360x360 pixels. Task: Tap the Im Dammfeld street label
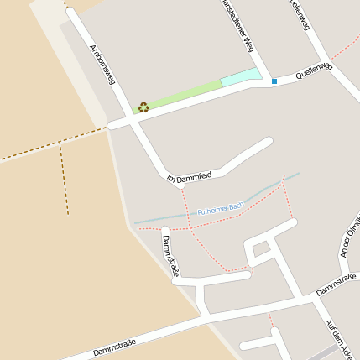pyautogui.click(x=189, y=177)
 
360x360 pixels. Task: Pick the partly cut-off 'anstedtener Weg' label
pyautogui.click(x=236, y=25)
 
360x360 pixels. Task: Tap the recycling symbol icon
pyautogui.click(x=143, y=107)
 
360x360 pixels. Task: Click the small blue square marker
pyautogui.click(x=274, y=81)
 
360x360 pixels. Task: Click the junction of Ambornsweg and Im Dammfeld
pyautogui.click(x=167, y=176)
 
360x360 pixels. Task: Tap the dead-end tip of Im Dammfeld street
pyautogui.click(x=269, y=142)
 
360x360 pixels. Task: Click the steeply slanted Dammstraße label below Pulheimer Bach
pyautogui.click(x=171, y=257)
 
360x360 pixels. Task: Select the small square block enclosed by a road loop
pyautogui.click(x=262, y=248)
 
